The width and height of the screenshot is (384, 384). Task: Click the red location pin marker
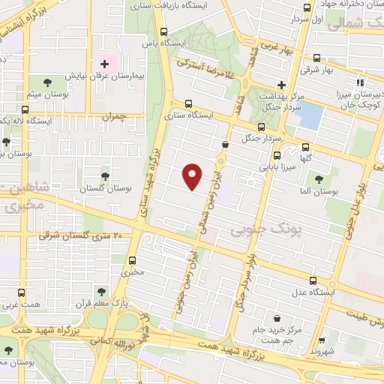click(x=193, y=176)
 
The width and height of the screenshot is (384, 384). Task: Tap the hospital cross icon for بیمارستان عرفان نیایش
click(x=104, y=64)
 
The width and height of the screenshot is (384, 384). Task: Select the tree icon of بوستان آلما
click(x=319, y=179)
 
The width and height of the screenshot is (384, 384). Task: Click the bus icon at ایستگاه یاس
click(x=164, y=31)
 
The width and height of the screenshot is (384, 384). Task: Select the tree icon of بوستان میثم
click(x=48, y=82)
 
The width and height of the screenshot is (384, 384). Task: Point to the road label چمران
click(x=114, y=116)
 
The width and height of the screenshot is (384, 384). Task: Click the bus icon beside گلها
click(x=304, y=148)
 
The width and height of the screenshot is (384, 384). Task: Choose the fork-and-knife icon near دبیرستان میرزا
click(x=361, y=82)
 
